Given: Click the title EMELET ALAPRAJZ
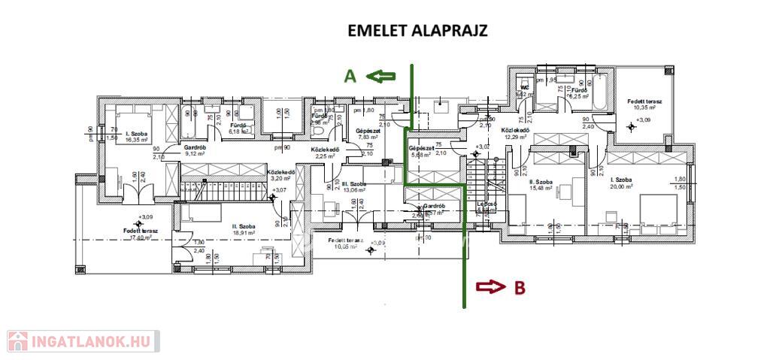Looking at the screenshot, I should [x=417, y=31].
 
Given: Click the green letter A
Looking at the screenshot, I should [x=350, y=75].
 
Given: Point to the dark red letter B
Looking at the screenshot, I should [x=519, y=286].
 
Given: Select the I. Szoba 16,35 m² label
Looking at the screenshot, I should [x=138, y=136].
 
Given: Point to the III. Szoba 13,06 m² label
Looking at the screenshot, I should [x=353, y=186].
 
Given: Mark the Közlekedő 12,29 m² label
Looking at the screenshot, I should [x=517, y=133].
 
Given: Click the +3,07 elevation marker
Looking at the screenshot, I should [x=280, y=190].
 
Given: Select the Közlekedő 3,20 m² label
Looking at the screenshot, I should [x=280, y=175].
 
